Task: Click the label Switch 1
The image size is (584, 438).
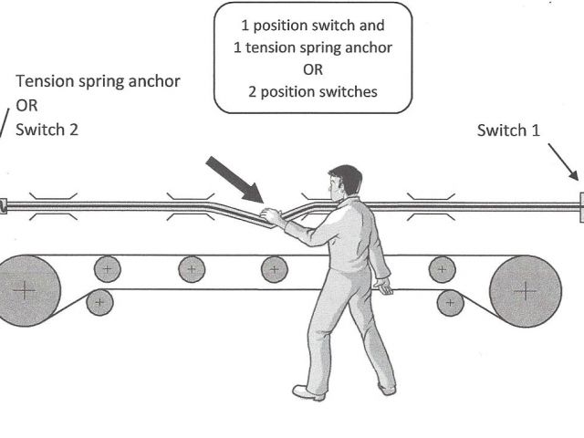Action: click(x=508, y=130)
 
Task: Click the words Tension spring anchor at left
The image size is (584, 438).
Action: click(x=98, y=81)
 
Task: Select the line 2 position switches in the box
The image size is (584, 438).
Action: click(x=312, y=92)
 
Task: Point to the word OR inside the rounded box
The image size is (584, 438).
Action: click(x=312, y=69)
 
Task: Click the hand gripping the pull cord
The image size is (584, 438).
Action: click(x=271, y=216)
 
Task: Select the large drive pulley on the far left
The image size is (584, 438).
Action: click(x=25, y=289)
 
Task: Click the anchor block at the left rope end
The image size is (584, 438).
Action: click(x=3, y=206)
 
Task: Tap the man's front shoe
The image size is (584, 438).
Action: click(x=308, y=393)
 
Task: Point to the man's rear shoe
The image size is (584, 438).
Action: click(x=386, y=388)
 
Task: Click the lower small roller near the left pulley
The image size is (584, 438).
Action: click(x=100, y=301)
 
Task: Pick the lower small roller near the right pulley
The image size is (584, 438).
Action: click(x=449, y=301)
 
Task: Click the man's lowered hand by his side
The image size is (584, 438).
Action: click(x=384, y=288)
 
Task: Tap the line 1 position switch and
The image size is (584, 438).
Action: click(x=312, y=26)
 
